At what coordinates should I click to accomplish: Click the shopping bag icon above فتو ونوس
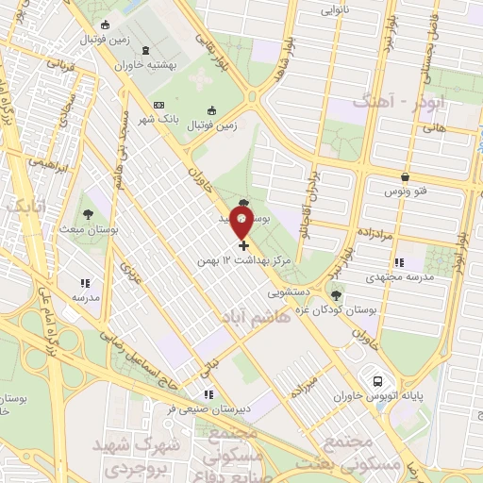point(405,176)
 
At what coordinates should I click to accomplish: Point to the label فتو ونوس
point(405,192)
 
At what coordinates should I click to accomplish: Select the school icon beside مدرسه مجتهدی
point(399,262)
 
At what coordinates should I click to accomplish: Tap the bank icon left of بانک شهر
point(158,105)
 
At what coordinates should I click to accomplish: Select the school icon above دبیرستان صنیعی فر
point(208,394)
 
